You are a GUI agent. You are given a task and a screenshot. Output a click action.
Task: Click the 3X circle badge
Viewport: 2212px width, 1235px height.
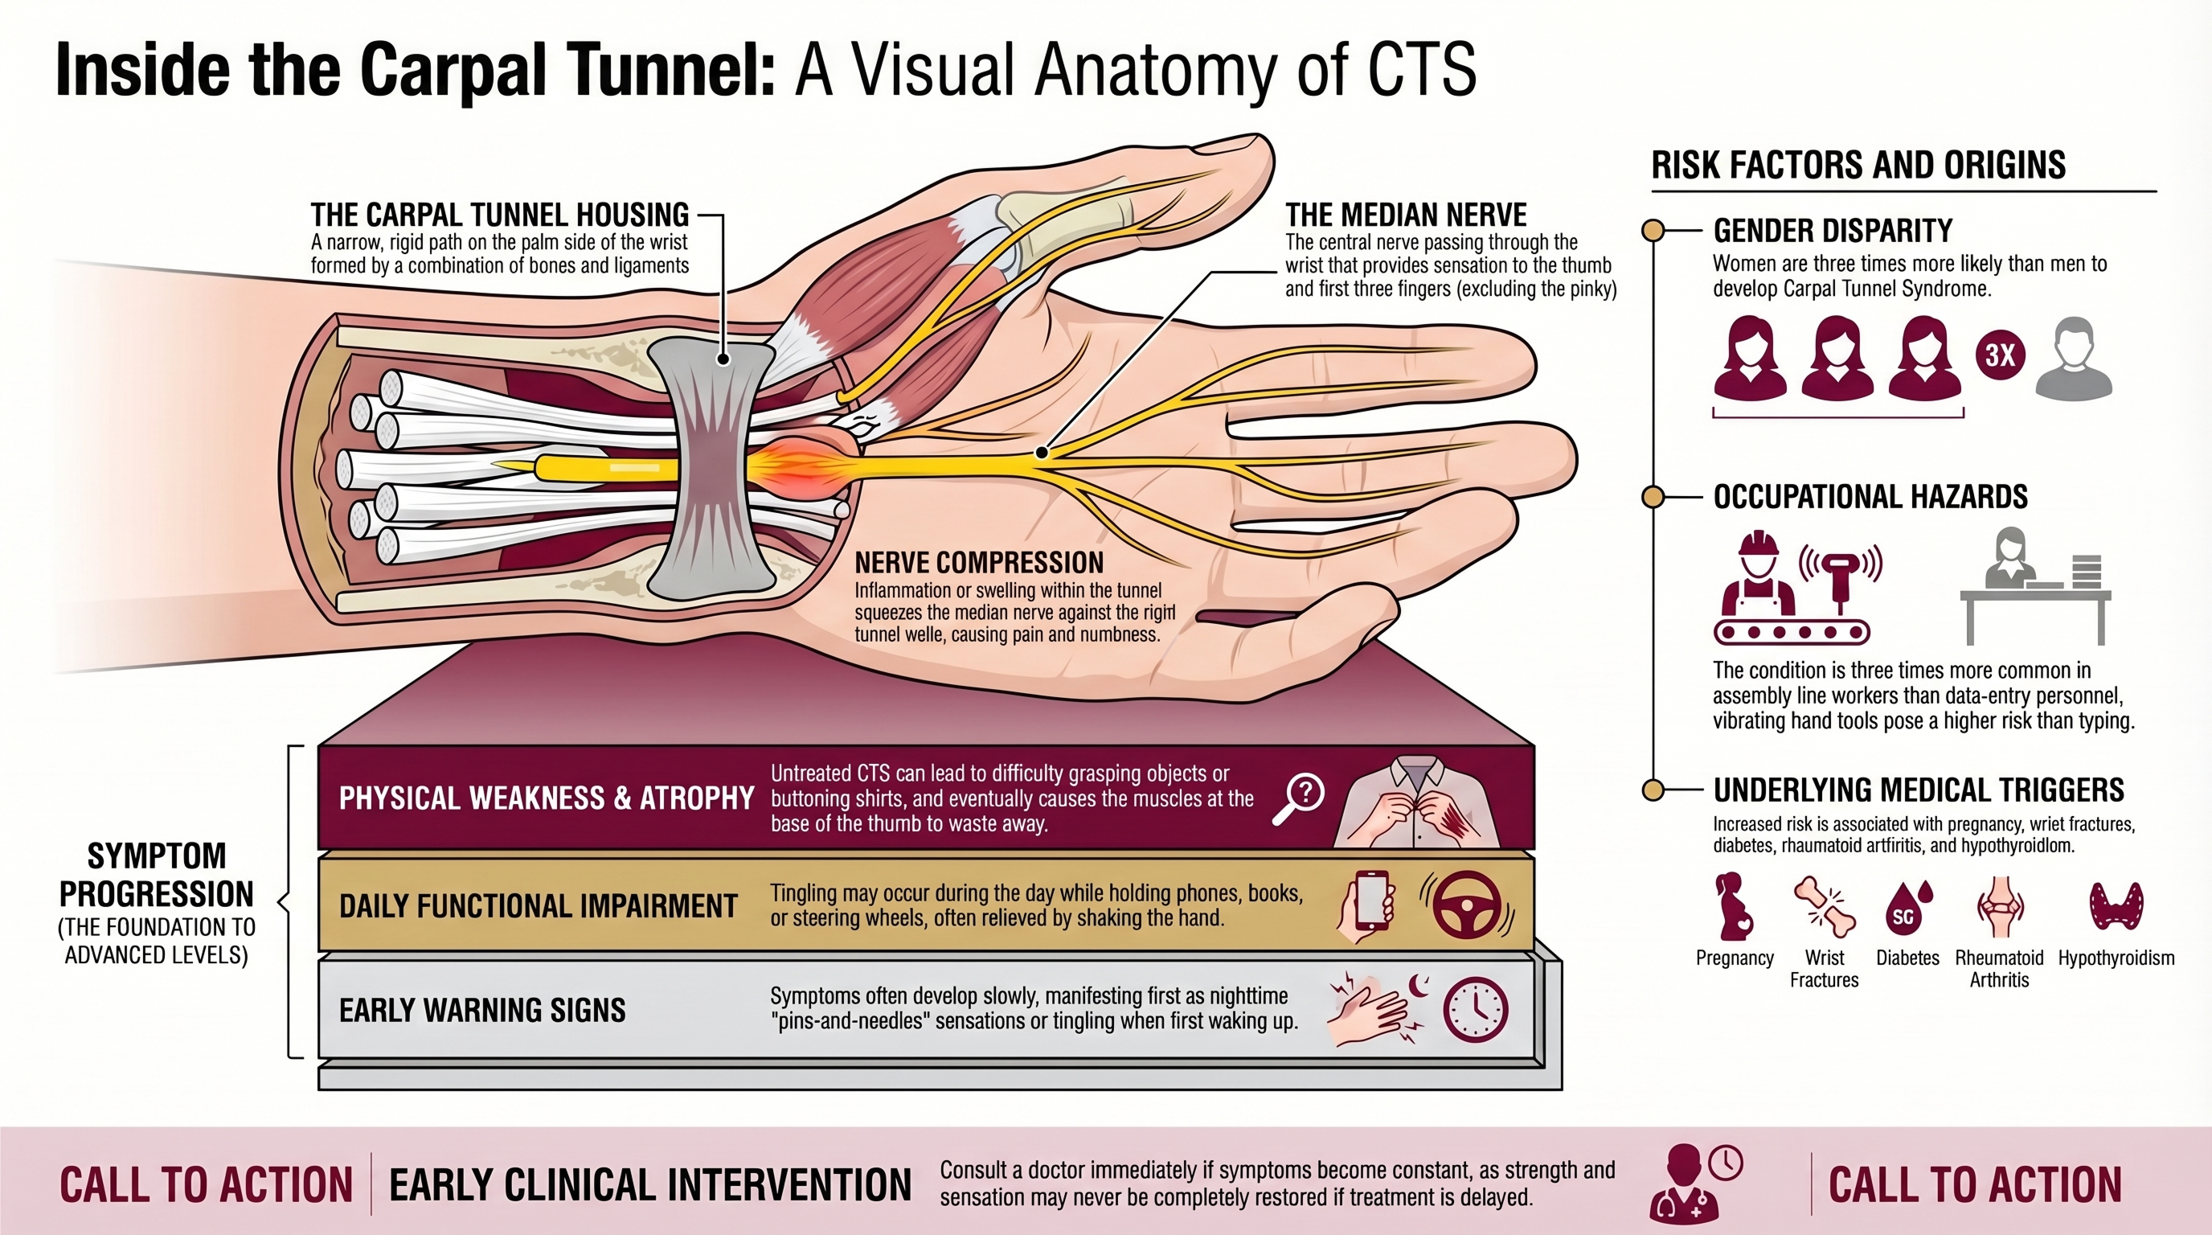pos(2000,355)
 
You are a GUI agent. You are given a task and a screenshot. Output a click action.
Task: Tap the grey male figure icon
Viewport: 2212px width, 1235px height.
pos(2074,359)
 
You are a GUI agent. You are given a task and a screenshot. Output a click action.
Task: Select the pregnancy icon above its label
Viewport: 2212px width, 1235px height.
pos(1733,908)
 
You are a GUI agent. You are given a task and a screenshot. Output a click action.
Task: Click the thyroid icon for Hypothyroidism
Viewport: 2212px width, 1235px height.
pos(2116,907)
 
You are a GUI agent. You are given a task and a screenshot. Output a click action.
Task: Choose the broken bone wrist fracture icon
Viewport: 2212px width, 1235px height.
pos(1825,908)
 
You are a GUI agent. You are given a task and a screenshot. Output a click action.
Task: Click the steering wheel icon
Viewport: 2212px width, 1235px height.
pos(1467,905)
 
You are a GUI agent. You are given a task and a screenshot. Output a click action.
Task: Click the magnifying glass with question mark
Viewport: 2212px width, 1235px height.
pos(1299,798)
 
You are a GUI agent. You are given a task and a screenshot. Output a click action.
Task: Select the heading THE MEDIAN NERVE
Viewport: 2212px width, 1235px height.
pos(1405,215)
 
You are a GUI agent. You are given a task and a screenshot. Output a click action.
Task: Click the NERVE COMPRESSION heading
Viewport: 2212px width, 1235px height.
pos(979,564)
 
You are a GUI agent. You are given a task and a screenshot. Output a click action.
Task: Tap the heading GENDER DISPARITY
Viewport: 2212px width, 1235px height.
pos(1833,231)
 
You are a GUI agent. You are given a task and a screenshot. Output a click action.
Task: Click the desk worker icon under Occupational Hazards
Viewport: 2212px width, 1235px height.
pos(2035,589)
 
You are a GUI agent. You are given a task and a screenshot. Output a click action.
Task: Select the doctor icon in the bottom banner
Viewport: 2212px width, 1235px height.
pos(1685,1184)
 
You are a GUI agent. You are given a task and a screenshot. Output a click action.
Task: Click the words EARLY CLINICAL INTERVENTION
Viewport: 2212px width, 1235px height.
pos(649,1185)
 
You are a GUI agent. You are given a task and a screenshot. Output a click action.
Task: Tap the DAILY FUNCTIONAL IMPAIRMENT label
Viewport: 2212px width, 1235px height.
pos(538,906)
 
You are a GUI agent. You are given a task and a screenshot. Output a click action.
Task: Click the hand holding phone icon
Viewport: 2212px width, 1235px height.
pos(1367,907)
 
